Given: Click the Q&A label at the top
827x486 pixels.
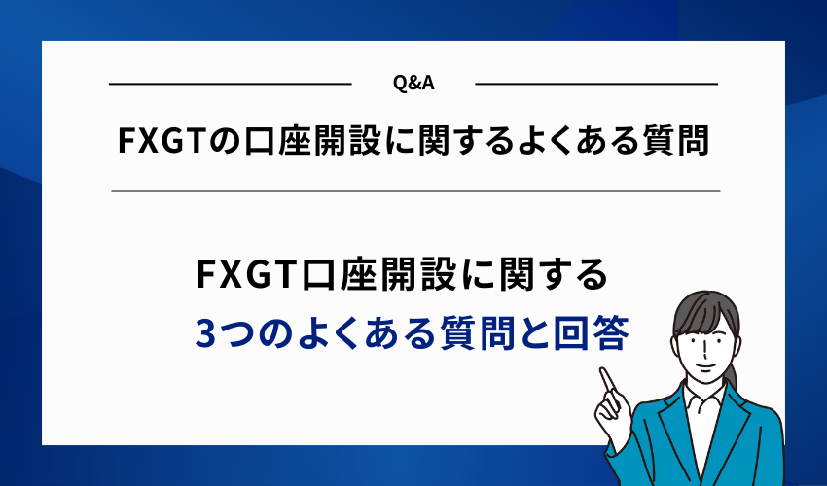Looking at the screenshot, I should point(413,84).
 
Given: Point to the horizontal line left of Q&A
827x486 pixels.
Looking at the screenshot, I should point(230,85).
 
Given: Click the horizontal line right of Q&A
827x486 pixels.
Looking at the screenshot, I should point(596,85).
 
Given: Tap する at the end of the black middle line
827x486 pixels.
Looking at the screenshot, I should point(575,276).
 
